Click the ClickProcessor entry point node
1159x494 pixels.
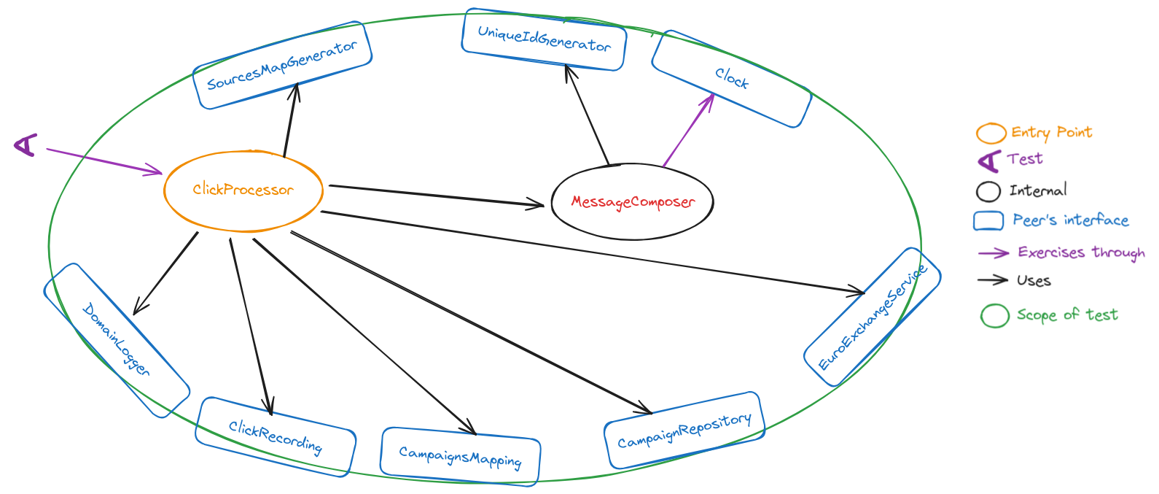tap(243, 190)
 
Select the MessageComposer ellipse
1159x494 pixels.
tap(632, 202)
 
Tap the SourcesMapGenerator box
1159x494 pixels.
tap(282, 66)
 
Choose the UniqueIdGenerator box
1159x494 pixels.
tap(544, 39)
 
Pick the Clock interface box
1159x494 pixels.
tap(731, 79)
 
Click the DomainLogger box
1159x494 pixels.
tap(117, 340)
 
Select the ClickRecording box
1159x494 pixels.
tap(276, 437)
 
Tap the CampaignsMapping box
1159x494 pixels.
tap(460, 457)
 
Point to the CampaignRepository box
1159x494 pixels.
tap(684, 431)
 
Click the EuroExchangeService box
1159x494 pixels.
tap(872, 317)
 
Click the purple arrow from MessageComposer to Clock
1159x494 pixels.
tap(688, 130)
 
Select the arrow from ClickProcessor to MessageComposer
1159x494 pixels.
tap(437, 196)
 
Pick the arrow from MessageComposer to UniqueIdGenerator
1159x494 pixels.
tap(587, 115)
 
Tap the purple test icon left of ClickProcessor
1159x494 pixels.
tap(26, 144)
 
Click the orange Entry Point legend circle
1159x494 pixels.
tap(991, 134)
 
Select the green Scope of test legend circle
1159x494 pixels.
tap(994, 316)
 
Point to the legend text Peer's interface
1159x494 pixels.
tap(1070, 220)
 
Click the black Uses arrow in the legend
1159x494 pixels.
tap(993, 280)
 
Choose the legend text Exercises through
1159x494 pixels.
tap(1081, 252)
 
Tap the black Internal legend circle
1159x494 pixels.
tap(988, 191)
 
